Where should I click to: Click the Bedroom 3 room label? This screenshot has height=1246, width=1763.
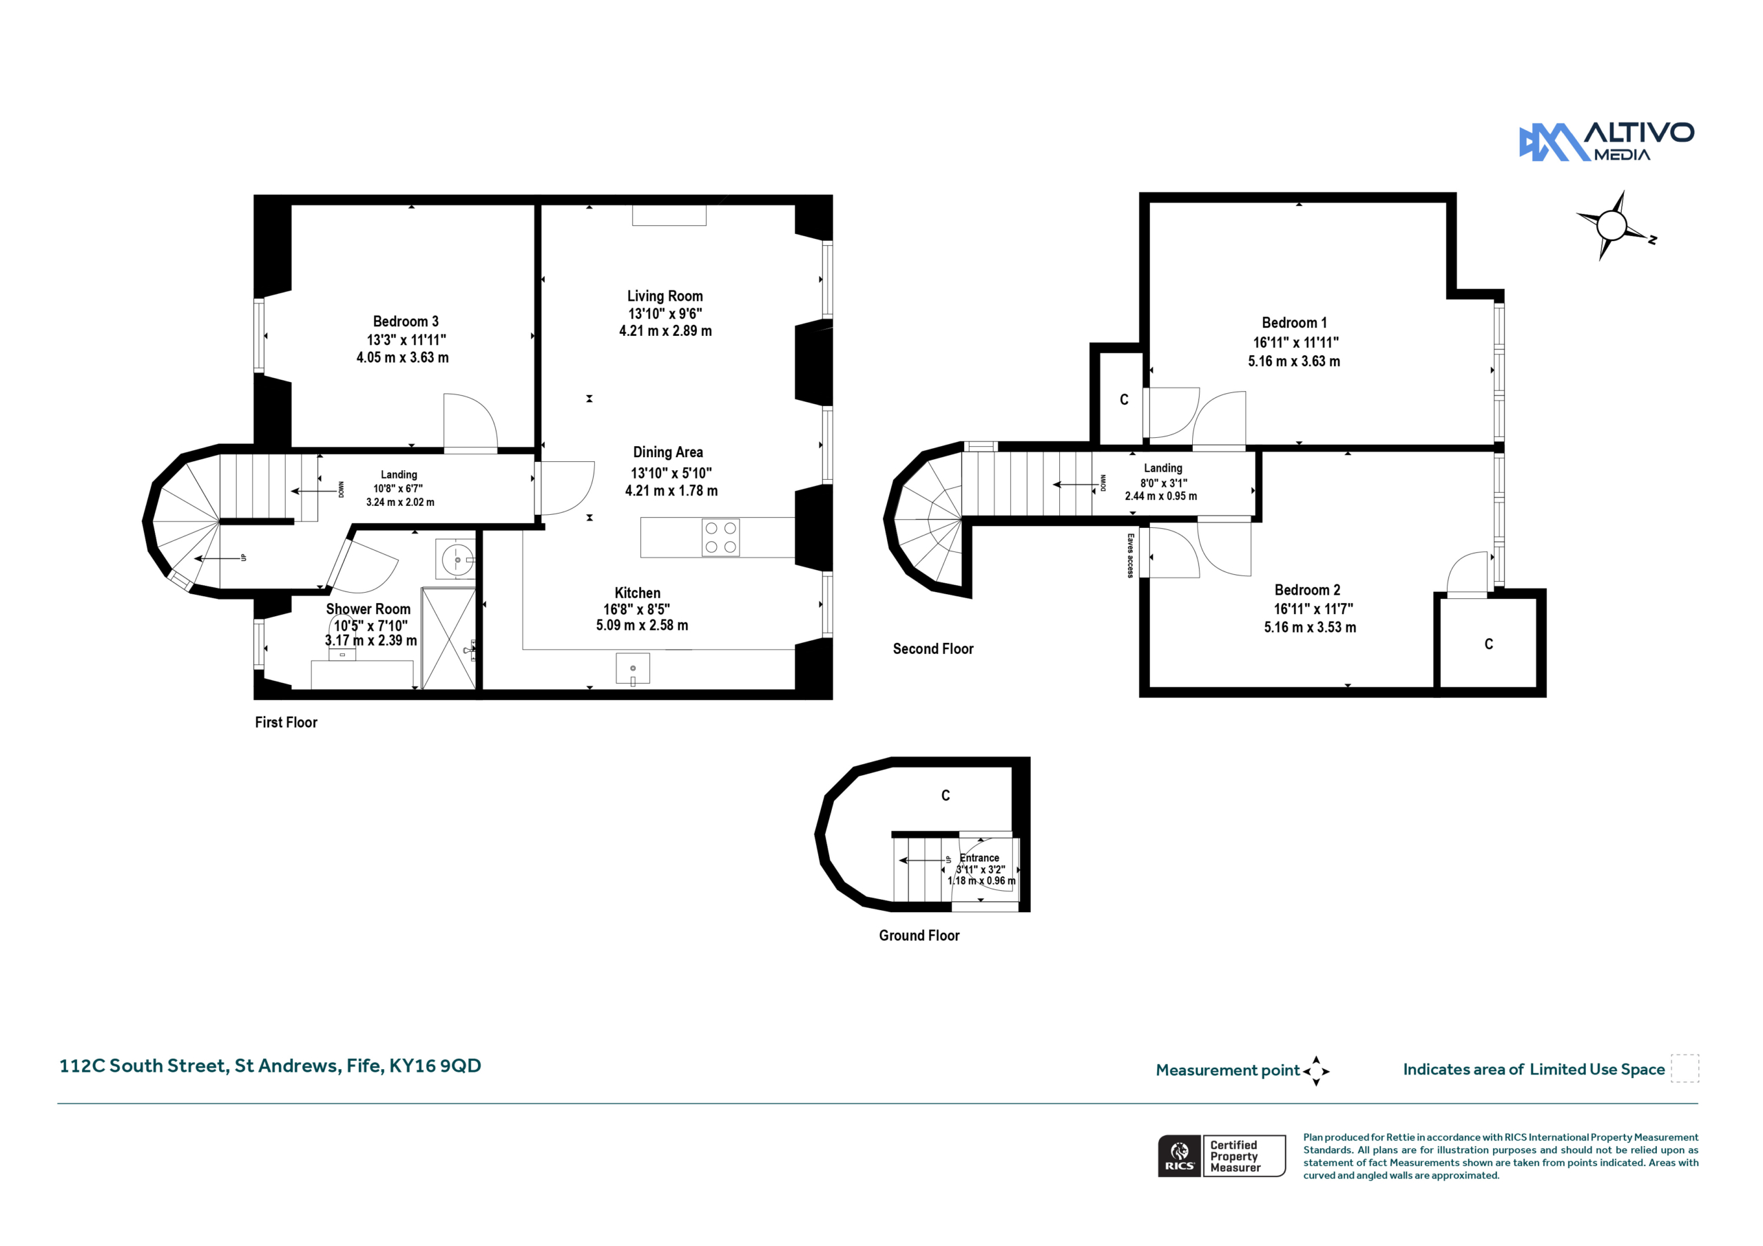tap(406, 321)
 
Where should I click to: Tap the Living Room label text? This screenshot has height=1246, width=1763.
tap(665, 296)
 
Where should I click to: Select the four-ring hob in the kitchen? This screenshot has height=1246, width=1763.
tap(720, 538)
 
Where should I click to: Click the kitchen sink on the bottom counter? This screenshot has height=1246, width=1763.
tap(633, 668)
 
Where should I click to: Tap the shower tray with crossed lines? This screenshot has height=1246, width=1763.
tap(449, 639)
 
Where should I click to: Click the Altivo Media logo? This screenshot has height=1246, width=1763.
tap(1607, 142)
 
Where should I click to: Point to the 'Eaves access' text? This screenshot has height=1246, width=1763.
tap(1130, 555)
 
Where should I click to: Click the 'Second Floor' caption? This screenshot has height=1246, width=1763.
tap(933, 648)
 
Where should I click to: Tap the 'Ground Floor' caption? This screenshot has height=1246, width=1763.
tap(919, 935)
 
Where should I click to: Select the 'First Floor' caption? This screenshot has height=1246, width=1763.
tap(286, 722)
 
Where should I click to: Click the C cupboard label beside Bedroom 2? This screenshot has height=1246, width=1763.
tap(1489, 644)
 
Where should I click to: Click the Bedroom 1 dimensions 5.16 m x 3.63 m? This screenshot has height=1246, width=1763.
tap(1294, 361)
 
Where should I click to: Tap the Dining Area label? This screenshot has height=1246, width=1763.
tap(668, 452)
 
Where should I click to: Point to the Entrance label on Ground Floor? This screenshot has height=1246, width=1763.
tap(980, 858)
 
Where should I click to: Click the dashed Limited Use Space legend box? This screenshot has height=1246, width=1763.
tap(1684, 1068)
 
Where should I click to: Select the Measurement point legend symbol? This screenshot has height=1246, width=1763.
tap(1316, 1071)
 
